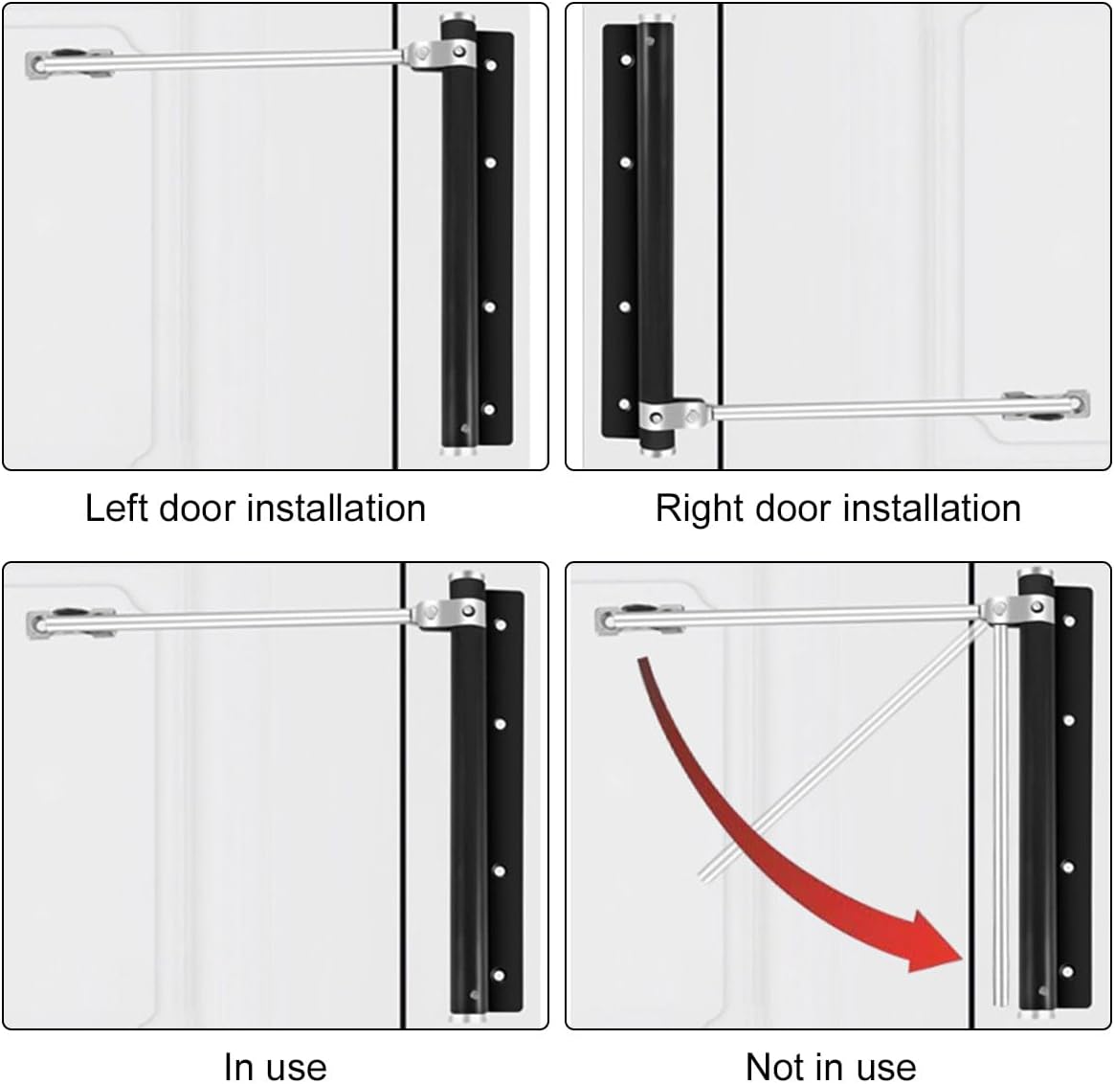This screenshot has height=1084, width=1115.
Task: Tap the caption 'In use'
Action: click(x=275, y=1066)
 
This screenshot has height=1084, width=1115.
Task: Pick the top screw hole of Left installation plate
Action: click(x=491, y=67)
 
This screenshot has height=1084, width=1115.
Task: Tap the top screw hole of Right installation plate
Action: click(x=626, y=60)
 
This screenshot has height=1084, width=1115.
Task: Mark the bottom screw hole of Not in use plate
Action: click(x=1070, y=974)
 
